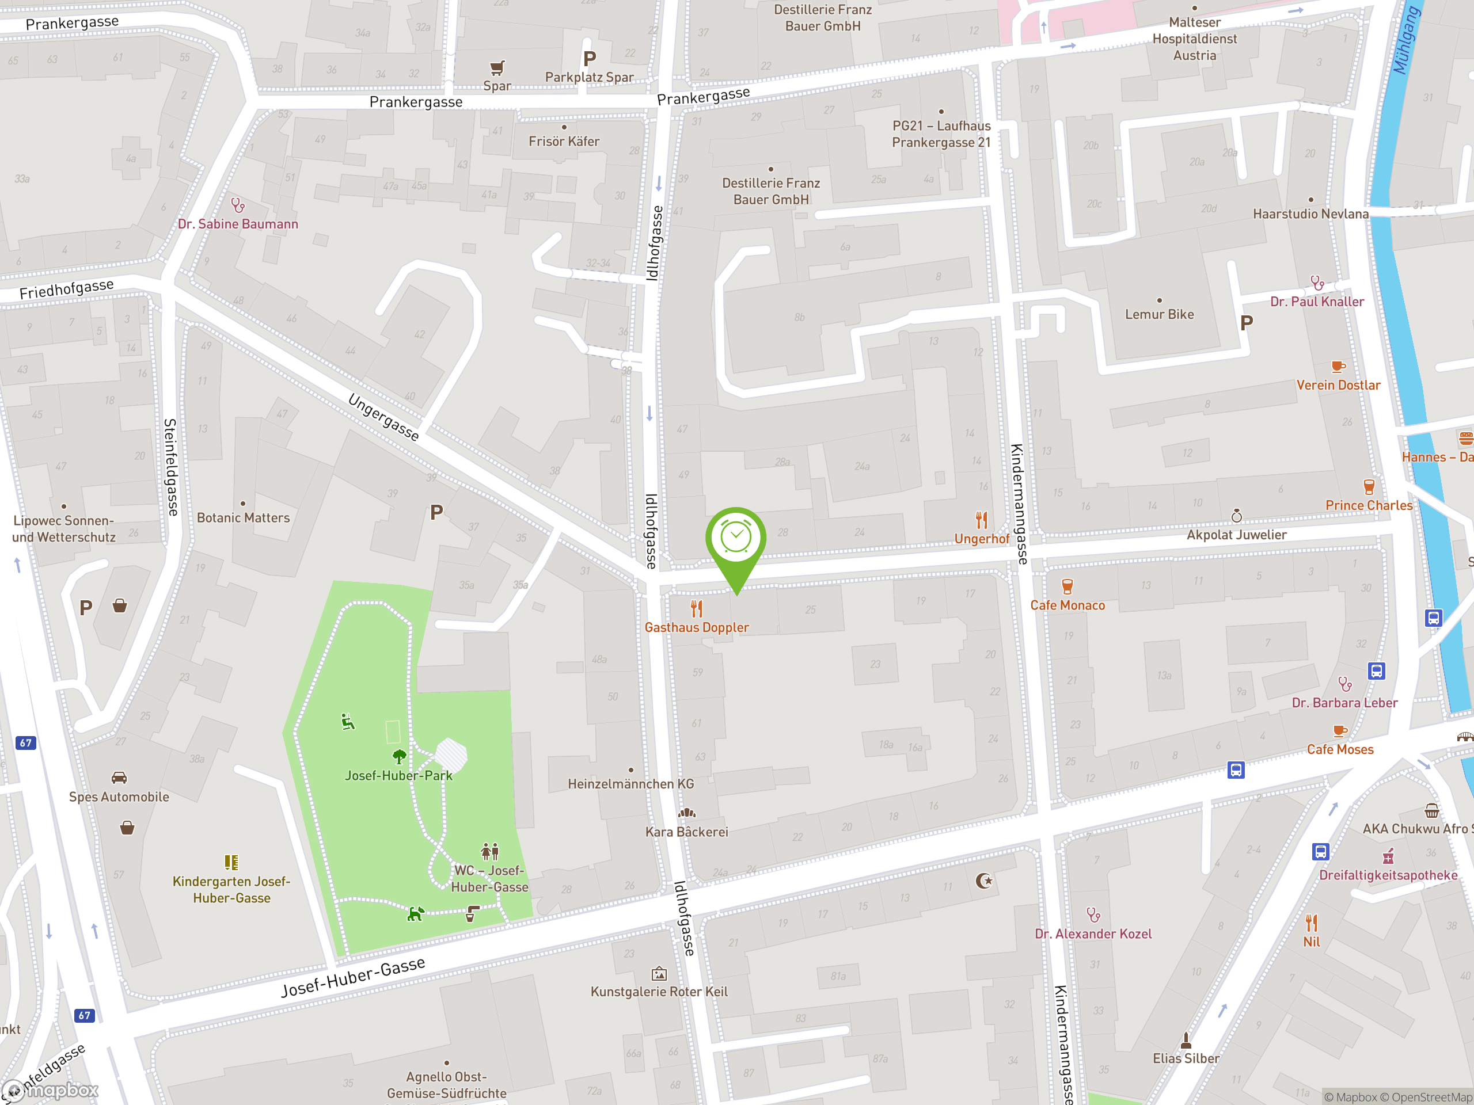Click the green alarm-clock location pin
tap(736, 538)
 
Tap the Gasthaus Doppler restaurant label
tap(696, 627)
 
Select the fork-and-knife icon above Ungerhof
tap(981, 520)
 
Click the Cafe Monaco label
tap(1067, 605)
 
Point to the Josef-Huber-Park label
tap(398, 775)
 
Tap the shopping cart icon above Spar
tap(497, 68)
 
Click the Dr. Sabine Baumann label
tap(238, 224)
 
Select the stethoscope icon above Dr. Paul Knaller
tap(1317, 283)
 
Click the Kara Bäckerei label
tap(686, 832)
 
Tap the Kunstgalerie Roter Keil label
tap(659, 992)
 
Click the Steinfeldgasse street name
tap(171, 467)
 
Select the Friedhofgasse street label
tap(67, 289)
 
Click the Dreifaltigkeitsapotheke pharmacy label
tap(1388, 875)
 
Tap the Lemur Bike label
tap(1160, 314)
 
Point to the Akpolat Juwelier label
tap(1236, 535)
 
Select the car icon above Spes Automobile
tap(119, 778)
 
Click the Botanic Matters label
tap(243, 517)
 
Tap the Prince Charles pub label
tap(1369, 505)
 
